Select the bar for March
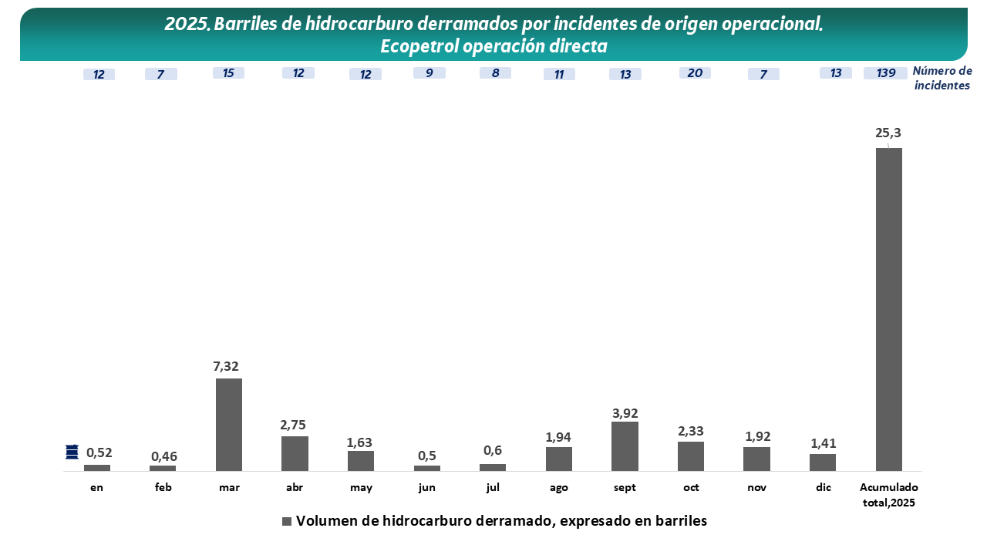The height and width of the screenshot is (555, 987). point(229,424)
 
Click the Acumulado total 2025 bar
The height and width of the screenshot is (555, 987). point(889,308)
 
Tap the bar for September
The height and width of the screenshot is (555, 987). point(625,446)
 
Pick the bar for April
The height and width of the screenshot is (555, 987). point(295,453)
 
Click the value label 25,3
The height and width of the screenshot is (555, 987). point(888,133)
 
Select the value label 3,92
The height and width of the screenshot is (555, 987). point(625,413)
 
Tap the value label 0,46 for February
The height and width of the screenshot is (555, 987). point(163,456)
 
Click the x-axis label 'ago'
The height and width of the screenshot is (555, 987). point(559,488)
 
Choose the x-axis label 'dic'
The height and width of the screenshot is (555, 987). point(823,488)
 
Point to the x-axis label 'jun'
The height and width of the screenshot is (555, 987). point(426,488)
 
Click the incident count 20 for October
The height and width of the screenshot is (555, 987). point(695,73)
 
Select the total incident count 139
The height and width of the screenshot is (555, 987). point(885,73)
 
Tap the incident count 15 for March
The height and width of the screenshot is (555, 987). point(228,73)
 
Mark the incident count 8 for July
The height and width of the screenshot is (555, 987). point(495,73)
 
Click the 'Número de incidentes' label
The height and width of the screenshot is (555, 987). point(942,79)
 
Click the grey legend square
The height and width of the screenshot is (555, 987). point(287,521)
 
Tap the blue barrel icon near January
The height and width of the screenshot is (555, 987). point(72,452)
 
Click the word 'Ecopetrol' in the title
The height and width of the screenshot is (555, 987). point(419,46)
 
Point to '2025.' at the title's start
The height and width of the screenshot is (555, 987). point(187,24)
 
